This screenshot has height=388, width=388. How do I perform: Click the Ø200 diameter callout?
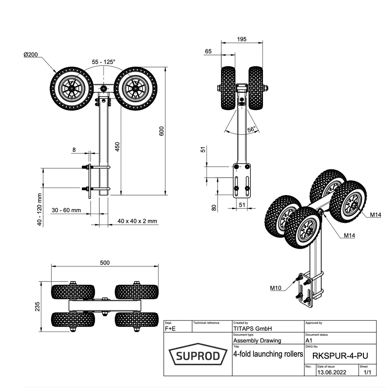coord(31,55)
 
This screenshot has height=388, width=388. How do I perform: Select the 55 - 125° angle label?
coord(103,61)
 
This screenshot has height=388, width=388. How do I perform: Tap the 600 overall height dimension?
coord(161,131)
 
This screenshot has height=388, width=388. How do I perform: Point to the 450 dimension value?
coord(117,147)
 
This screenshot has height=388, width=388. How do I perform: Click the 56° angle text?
coord(252,129)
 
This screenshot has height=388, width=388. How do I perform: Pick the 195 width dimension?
coord(241,39)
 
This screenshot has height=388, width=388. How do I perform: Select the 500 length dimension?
coord(105,263)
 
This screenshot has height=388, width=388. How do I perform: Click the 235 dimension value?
coord(37,306)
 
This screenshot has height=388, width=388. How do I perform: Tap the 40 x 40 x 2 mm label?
coord(138,221)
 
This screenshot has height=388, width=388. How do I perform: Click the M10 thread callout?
coord(275,288)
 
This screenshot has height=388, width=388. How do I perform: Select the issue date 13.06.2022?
coord(332,372)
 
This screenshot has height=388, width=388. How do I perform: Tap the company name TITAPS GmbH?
coord(253,329)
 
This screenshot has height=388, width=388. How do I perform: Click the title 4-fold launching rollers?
coord(268,354)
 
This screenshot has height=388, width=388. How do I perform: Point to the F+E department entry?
coord(171,329)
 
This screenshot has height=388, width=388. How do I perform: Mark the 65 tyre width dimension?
coord(208,52)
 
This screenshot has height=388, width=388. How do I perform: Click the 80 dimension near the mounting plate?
coord(214,207)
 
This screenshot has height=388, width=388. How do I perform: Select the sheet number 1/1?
coord(367,372)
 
